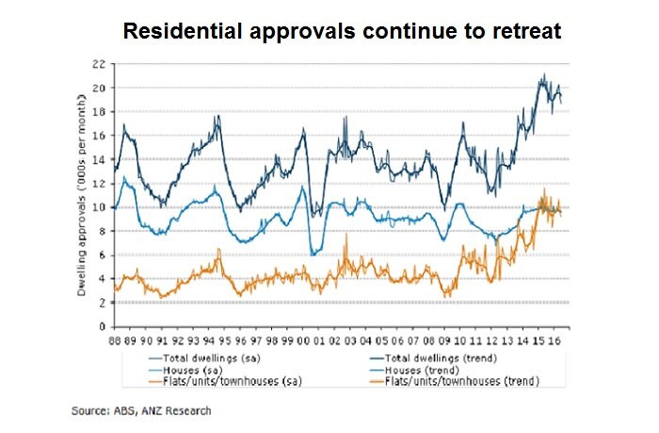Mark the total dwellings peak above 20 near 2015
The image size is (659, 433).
543,75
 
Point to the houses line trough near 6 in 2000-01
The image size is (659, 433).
312,254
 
